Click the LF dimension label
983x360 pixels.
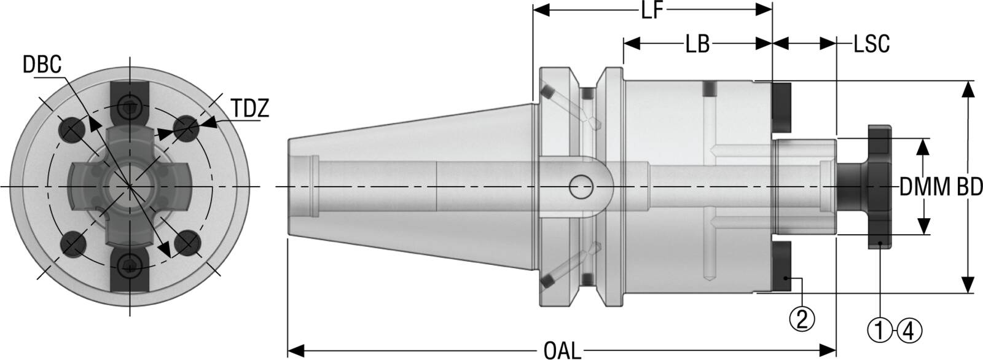pos(652,11)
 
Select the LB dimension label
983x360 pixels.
pos(697,44)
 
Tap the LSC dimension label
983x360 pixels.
pos(871,44)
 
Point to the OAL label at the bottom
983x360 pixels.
pos(562,351)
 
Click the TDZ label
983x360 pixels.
pos(250,109)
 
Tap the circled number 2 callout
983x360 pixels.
pos(802,318)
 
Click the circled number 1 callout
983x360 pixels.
pos(879,332)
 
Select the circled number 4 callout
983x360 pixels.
pos(909,332)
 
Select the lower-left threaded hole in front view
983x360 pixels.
pos(73,243)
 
